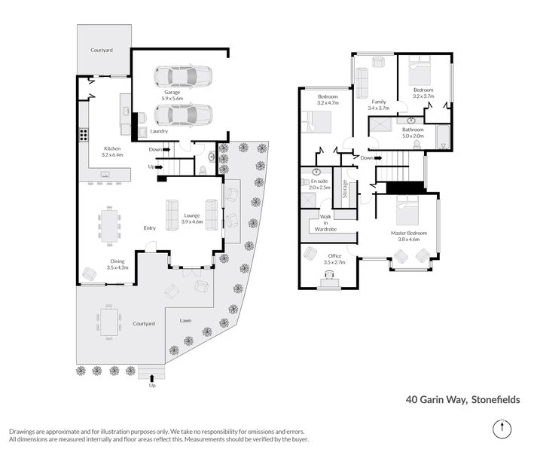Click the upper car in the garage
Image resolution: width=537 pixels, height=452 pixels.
click(183, 77)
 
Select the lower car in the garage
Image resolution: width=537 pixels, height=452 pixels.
click(183, 115)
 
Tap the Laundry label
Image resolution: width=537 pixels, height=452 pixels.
click(159, 131)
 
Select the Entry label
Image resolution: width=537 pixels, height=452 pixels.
click(150, 228)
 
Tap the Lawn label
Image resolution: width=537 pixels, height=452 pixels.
click(185, 320)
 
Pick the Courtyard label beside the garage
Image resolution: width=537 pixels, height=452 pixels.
click(102, 50)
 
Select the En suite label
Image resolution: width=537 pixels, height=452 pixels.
click(319, 183)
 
